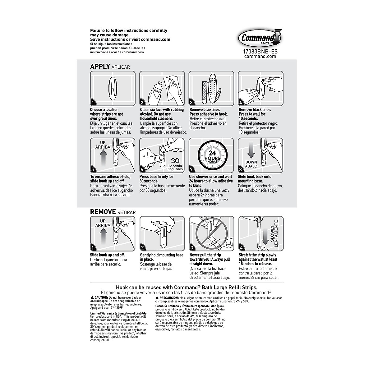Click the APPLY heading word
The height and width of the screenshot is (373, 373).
coord(100,67)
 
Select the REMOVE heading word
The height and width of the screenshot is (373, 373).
coord(103,212)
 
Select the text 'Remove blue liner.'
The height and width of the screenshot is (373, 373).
coord(205,110)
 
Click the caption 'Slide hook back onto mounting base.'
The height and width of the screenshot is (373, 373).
coord(255,179)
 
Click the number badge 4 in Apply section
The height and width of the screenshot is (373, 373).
coord(241,103)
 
